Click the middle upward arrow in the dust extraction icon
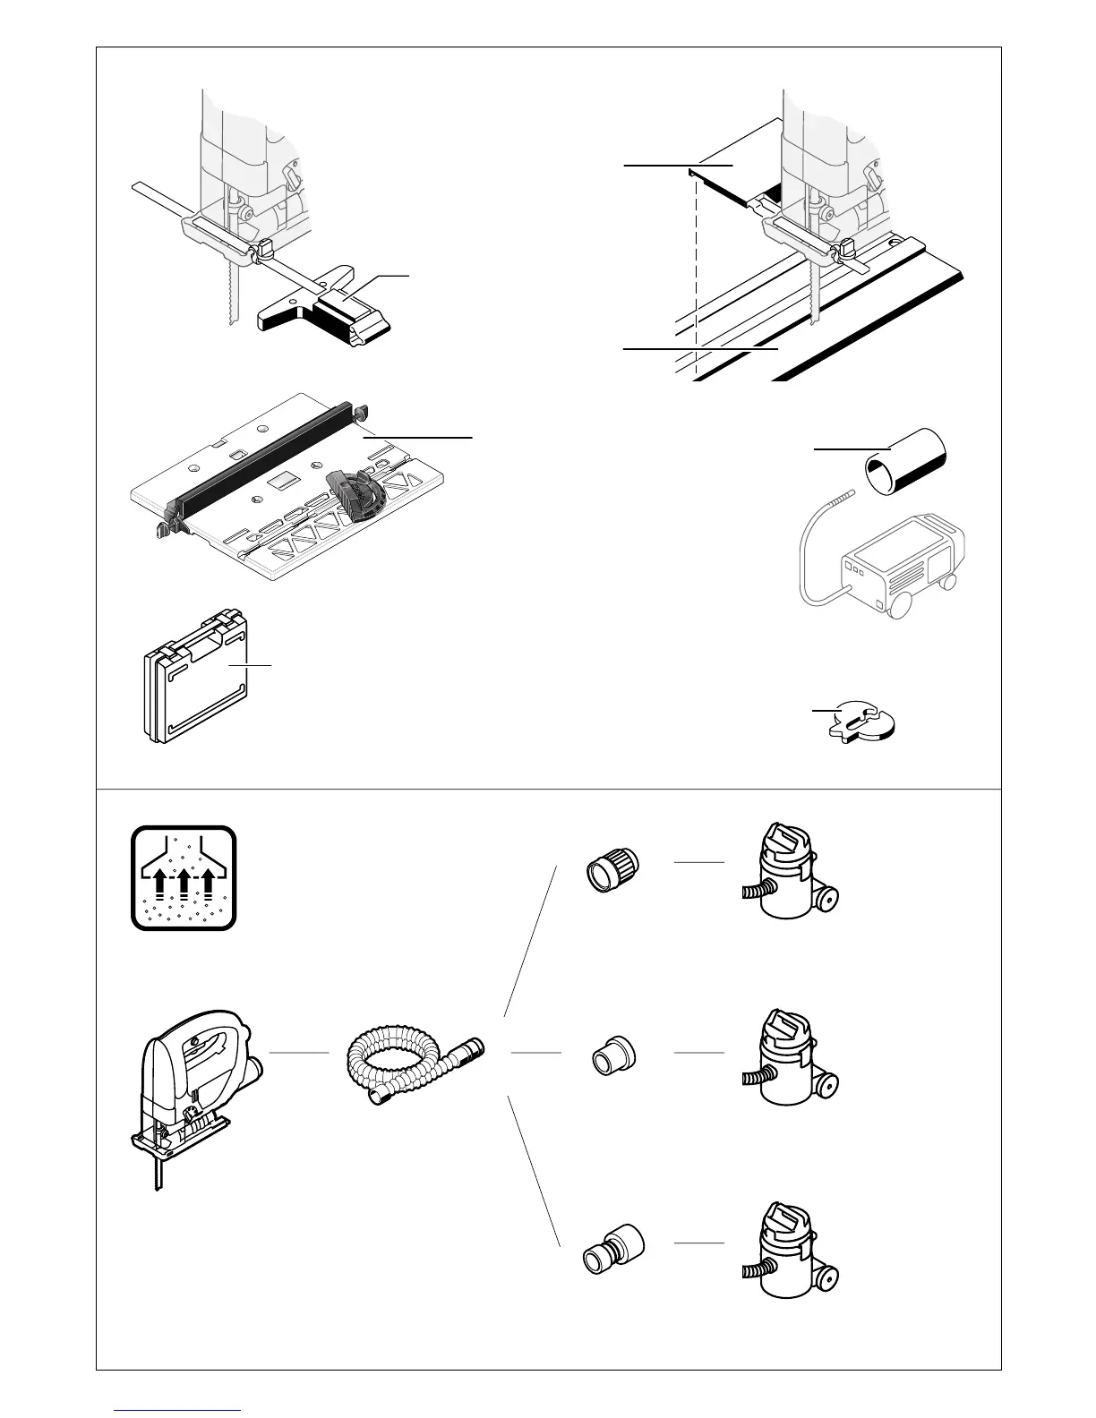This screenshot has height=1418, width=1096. [x=184, y=882]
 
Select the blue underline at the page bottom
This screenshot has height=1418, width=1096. [x=178, y=1410]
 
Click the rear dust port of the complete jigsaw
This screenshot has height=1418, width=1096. [x=258, y=1065]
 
